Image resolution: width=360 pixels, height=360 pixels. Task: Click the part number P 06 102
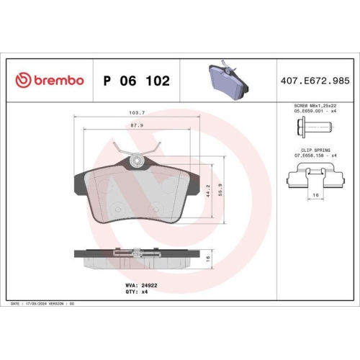(x=136, y=81)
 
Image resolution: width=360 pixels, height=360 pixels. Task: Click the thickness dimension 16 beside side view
(x=208, y=258)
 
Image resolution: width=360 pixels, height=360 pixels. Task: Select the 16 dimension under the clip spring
(x=315, y=195)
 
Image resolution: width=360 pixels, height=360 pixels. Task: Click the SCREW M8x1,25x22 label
(x=315, y=106)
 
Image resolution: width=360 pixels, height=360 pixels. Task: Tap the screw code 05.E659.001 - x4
(x=315, y=112)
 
